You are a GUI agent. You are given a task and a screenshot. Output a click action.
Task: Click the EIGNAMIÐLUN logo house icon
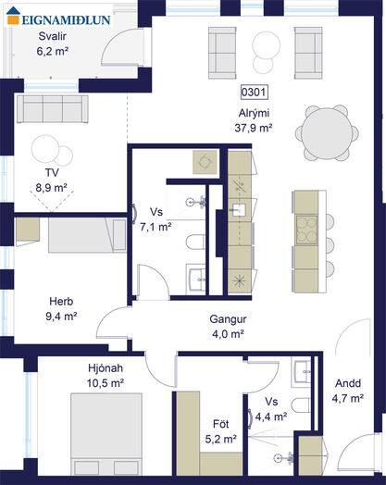(13, 16)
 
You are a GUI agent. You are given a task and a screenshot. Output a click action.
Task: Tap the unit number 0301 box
(254, 93)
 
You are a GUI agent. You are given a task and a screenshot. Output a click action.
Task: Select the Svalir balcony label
(52, 36)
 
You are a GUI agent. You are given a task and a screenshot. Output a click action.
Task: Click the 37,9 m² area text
(254, 128)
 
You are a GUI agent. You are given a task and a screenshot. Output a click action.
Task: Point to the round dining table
(327, 133)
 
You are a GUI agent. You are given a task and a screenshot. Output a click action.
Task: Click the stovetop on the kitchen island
(306, 230)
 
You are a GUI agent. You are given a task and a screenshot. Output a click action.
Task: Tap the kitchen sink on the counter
(239, 211)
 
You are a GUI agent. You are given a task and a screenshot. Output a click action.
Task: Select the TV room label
(52, 172)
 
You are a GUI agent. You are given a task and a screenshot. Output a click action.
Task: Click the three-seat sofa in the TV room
(53, 108)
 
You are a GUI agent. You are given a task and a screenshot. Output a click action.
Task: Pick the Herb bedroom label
(61, 301)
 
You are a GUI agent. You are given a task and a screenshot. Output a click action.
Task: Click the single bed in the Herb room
(87, 235)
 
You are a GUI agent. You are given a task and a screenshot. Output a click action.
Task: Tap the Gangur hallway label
(228, 319)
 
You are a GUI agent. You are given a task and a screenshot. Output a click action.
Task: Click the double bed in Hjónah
(106, 434)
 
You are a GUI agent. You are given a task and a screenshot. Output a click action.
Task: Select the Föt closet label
(221, 424)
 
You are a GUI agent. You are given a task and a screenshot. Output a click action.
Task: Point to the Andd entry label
(348, 383)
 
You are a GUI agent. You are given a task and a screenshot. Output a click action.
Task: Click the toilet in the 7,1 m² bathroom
(195, 242)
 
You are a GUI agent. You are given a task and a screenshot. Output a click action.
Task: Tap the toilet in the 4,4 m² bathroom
(301, 404)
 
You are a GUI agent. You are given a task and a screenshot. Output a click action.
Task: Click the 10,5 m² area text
(106, 383)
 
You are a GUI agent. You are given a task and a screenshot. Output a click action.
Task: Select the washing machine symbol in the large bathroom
(205, 162)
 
